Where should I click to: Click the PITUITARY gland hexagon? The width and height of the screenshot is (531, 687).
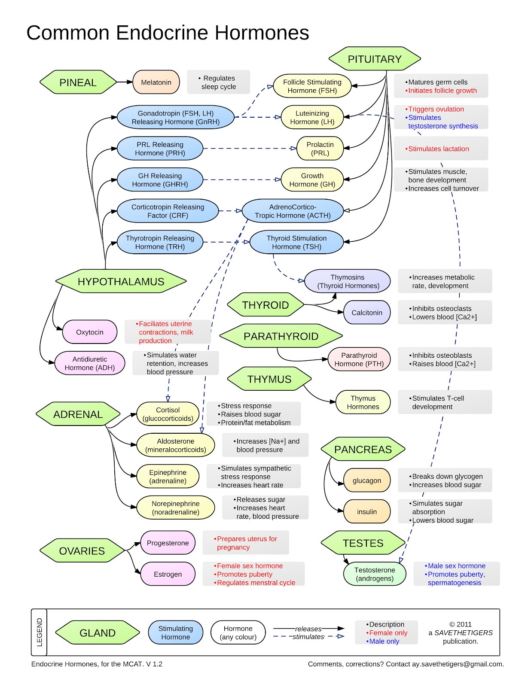(x=374, y=59)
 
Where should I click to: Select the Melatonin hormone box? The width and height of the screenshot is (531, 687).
(x=156, y=82)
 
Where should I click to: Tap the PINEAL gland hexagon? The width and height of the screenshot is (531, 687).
(x=78, y=82)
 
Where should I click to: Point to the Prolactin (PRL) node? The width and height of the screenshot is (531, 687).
(x=320, y=149)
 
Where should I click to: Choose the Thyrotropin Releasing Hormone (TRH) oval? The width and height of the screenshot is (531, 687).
(x=160, y=243)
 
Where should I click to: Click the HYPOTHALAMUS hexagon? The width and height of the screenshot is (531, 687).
(x=121, y=282)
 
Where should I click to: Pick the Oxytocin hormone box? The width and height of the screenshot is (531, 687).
(x=89, y=332)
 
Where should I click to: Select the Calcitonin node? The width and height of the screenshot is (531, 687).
(x=366, y=313)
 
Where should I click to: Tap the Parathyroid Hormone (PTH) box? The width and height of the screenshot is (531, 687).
(x=359, y=360)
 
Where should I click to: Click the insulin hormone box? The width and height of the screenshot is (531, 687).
(x=366, y=512)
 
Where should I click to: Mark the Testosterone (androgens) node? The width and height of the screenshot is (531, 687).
(x=375, y=574)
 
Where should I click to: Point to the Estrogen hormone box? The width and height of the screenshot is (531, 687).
(x=168, y=574)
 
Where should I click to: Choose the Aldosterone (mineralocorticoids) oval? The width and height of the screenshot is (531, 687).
(x=175, y=445)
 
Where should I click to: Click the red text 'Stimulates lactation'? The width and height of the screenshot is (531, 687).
(x=439, y=149)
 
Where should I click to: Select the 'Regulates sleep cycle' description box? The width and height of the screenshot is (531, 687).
(x=218, y=82)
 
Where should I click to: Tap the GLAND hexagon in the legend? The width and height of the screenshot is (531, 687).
(x=98, y=633)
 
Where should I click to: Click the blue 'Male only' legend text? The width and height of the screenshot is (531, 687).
(x=384, y=641)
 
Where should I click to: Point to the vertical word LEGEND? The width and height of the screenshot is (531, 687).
(x=40, y=632)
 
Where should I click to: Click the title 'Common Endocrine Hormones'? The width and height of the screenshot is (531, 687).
(x=168, y=33)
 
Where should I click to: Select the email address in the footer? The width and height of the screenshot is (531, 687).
(x=458, y=664)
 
